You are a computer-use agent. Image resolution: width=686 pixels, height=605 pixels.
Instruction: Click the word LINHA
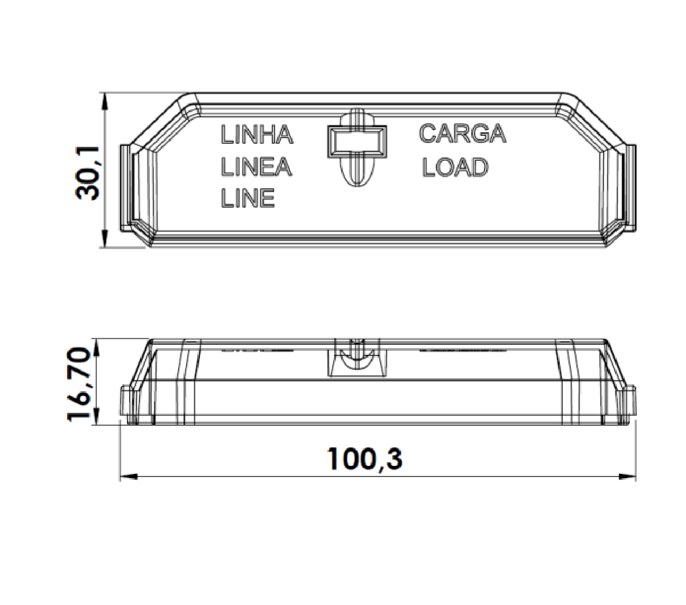coord(257,135)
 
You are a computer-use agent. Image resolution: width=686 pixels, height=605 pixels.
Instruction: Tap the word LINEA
coord(256,167)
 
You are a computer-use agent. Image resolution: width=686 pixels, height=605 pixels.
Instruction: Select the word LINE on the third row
coord(248,198)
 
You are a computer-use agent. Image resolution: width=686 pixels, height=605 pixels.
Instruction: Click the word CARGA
coord(462,133)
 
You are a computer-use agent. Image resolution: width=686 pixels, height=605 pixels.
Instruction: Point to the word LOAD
coord(455,167)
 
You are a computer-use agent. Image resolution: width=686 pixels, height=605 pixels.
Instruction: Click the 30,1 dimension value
coord(87,173)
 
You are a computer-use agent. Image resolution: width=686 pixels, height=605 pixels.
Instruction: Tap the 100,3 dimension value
coord(364,459)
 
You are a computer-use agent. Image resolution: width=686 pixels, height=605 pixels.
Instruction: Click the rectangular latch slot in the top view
coord(357,142)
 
